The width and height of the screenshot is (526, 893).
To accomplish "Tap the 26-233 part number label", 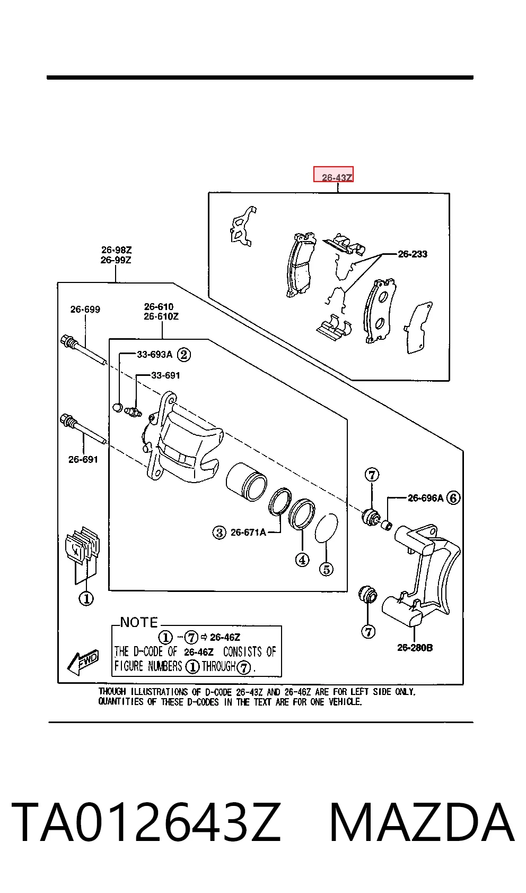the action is click(x=413, y=254).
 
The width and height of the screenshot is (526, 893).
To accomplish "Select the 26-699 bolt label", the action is click(x=85, y=310).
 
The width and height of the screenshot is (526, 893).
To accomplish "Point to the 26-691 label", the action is click(x=83, y=460).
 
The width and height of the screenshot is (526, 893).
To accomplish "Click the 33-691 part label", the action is click(x=165, y=375).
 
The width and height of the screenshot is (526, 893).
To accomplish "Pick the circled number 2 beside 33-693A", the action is click(x=183, y=355).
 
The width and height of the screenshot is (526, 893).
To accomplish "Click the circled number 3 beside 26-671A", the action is click(x=219, y=532).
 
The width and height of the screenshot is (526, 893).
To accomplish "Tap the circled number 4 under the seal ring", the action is click(x=302, y=560).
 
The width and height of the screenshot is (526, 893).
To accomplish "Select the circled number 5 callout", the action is click(x=327, y=569).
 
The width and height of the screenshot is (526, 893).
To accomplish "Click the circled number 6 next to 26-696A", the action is click(x=453, y=498).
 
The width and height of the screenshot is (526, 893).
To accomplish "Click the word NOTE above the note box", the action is click(x=139, y=622).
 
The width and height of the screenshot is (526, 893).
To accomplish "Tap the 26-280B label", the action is click(x=415, y=648).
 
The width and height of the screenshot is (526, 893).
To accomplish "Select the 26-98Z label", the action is click(x=116, y=250).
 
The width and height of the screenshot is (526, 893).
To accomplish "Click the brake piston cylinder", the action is click(x=246, y=482).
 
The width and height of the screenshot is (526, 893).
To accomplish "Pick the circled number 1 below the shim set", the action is click(x=86, y=598).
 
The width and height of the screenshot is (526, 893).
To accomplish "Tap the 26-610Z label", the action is click(x=161, y=316).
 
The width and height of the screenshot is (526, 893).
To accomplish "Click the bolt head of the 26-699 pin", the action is click(x=66, y=341).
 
